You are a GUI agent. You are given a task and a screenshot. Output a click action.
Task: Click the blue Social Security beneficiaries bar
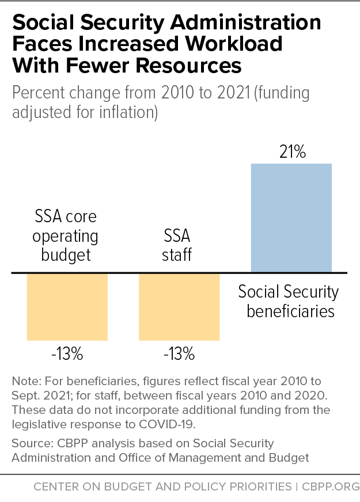[x=291, y=218]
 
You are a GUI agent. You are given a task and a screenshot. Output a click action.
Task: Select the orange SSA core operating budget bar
[x=67, y=306]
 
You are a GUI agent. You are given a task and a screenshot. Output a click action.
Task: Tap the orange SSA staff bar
[x=179, y=306]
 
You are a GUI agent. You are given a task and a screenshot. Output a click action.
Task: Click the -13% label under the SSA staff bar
[x=179, y=353]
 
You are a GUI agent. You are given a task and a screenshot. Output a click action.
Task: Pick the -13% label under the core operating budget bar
[x=67, y=353]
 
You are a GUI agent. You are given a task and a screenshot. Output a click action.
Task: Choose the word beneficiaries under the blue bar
[x=291, y=311]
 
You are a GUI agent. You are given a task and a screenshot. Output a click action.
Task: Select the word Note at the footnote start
[x=23, y=381]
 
